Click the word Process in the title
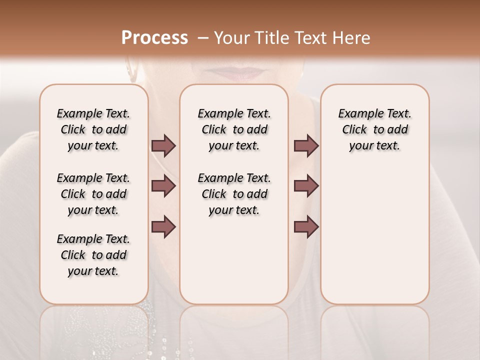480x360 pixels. point(154,38)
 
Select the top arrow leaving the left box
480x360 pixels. point(163,146)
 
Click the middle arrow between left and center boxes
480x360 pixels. point(163,186)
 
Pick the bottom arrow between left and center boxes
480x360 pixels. point(163,226)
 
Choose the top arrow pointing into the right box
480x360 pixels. point(306,146)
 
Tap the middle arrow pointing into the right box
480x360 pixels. point(306,186)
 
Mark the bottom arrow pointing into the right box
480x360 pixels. point(306,226)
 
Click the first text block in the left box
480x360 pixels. point(93,129)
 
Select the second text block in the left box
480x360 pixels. point(93,194)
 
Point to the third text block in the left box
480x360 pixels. point(93,255)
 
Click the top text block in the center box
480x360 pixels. point(234,129)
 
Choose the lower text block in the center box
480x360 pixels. point(234,194)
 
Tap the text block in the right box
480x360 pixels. point(375,129)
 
